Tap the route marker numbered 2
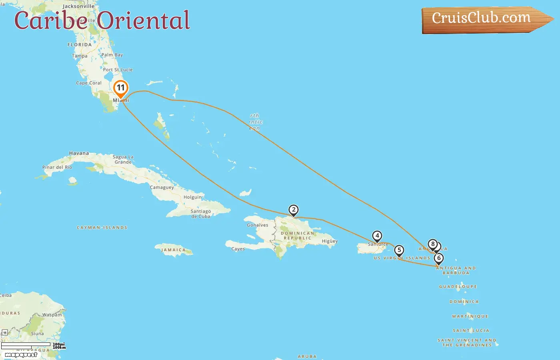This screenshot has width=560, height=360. click(x=294, y=210)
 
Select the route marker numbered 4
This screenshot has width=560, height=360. click(x=377, y=236)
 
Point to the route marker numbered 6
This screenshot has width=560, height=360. click(x=439, y=258)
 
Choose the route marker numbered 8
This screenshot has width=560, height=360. click(x=432, y=244)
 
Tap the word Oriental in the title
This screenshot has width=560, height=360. click(x=143, y=20)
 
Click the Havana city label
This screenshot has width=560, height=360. click(x=79, y=153)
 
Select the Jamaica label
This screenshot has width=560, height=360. click(x=173, y=250)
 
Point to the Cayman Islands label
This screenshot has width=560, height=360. click(x=102, y=228)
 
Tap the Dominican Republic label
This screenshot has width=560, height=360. click(x=298, y=236)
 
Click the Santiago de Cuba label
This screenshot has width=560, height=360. click(x=201, y=214)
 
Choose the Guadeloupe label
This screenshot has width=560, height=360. click(x=458, y=287)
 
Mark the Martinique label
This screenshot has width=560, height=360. click(x=470, y=316)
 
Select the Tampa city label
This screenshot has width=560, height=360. click(x=80, y=56)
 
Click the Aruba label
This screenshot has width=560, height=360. click(x=307, y=356)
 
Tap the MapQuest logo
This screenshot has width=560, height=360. click(x=21, y=355)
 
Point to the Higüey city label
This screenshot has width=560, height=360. click(x=330, y=241)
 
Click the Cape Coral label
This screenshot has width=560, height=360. click(x=89, y=83)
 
